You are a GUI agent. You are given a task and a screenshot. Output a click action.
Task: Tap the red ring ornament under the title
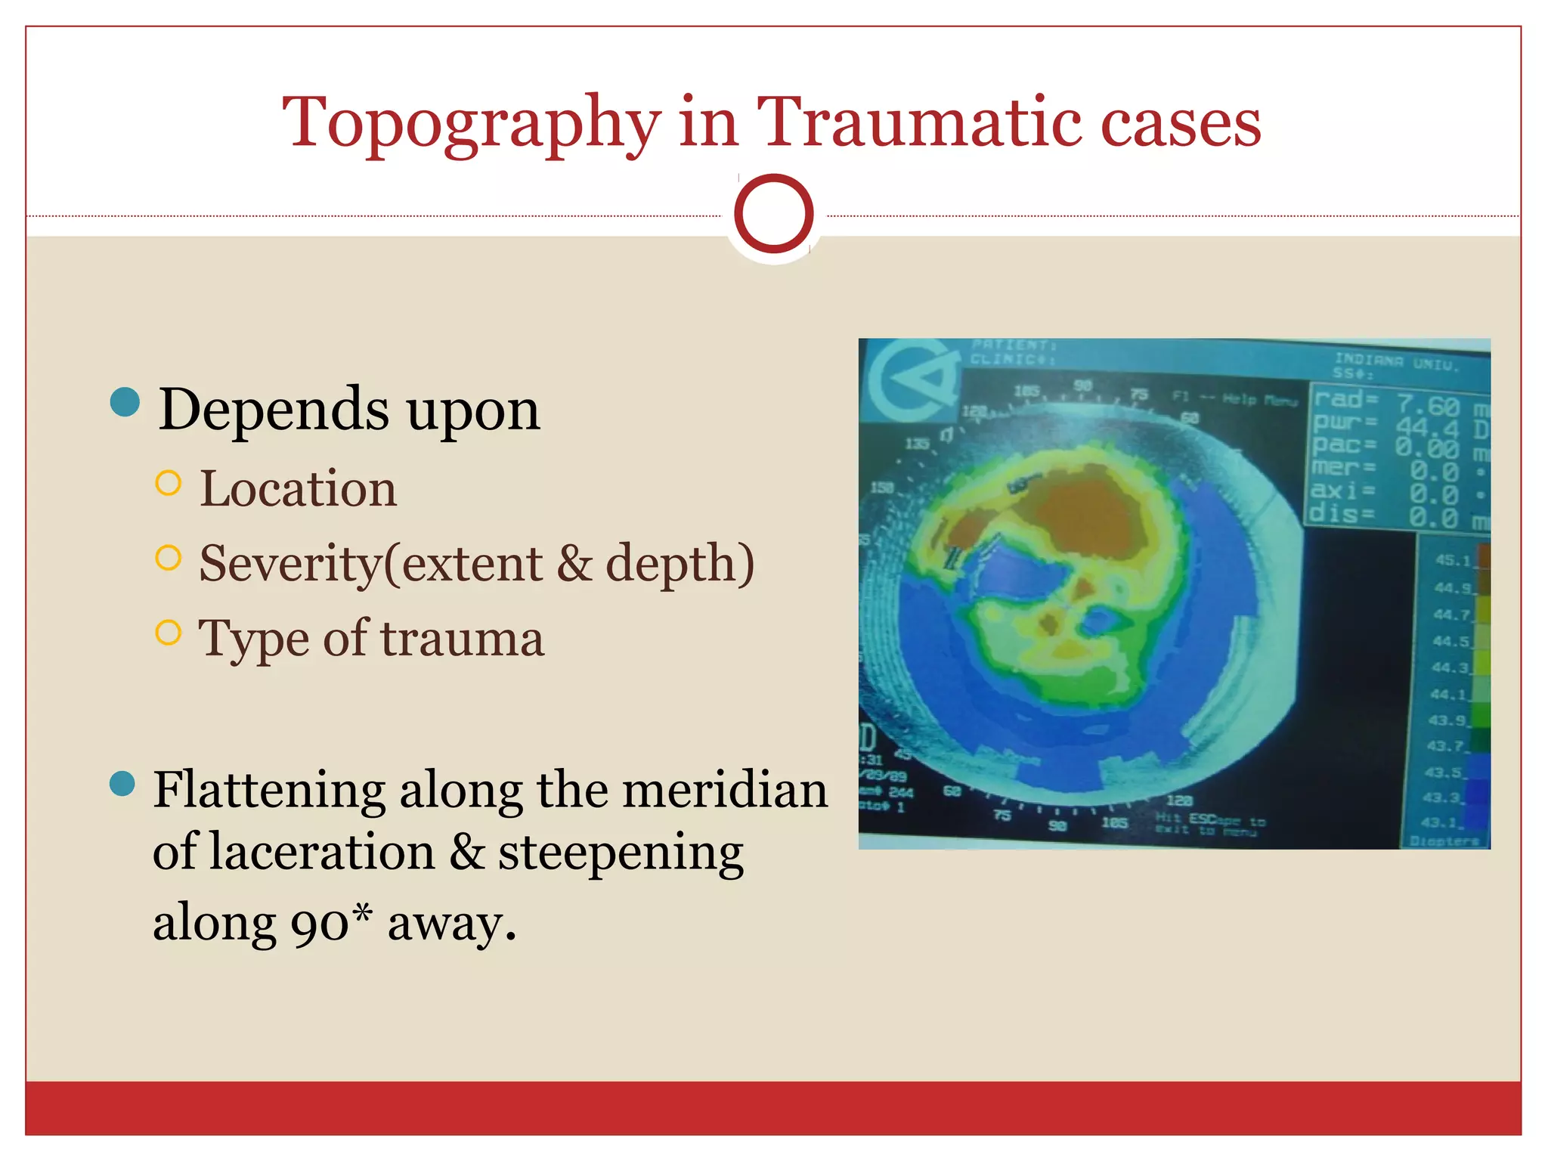(x=773, y=213)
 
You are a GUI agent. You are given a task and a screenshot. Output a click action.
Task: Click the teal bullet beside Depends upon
(x=125, y=402)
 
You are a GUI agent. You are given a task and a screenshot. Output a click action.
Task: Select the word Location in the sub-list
(x=298, y=488)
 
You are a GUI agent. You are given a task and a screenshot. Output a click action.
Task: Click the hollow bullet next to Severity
(x=168, y=558)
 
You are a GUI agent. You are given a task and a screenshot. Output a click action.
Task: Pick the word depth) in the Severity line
(x=680, y=563)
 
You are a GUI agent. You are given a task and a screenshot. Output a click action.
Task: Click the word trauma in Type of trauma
(x=461, y=639)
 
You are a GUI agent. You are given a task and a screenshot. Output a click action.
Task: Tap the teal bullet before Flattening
(x=122, y=784)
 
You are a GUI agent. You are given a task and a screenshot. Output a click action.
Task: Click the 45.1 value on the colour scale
(x=1452, y=560)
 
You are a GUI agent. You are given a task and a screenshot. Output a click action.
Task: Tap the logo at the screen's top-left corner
(x=910, y=379)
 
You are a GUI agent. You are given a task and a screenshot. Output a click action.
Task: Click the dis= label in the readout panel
(x=1341, y=515)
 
